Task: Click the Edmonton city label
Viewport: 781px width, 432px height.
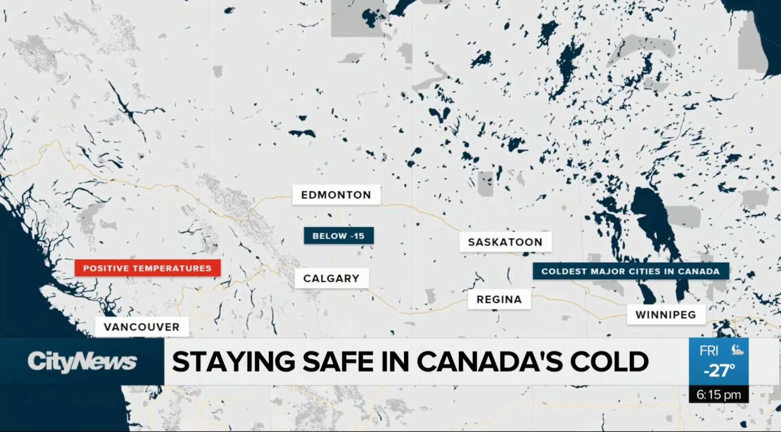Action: pyautogui.click(x=336, y=196)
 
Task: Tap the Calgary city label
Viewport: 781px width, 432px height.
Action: pyautogui.click(x=331, y=279)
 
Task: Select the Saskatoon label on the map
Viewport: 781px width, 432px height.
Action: pyautogui.click(x=505, y=242)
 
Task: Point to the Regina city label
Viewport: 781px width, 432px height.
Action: pyautogui.click(x=499, y=299)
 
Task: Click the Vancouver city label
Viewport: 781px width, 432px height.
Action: pyautogui.click(x=142, y=327)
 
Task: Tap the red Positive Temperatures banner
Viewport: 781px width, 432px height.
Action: pyautogui.click(x=147, y=268)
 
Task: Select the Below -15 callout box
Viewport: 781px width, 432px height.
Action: pyautogui.click(x=339, y=236)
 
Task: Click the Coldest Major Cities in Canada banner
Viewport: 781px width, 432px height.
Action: pyautogui.click(x=630, y=271)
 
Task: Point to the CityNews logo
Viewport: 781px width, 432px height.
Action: pyautogui.click(x=82, y=362)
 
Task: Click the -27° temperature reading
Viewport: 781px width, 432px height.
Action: pyautogui.click(x=719, y=370)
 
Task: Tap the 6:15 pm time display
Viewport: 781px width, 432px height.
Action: pyautogui.click(x=719, y=395)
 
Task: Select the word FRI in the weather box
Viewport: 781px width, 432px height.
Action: pyautogui.click(x=709, y=351)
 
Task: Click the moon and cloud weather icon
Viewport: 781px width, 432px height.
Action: pyautogui.click(x=736, y=351)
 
